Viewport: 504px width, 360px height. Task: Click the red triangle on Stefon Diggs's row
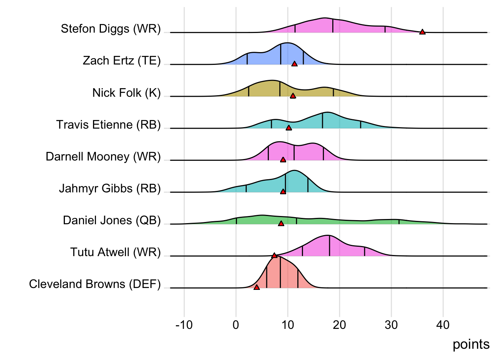coord(422,32)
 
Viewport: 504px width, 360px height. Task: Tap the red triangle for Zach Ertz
coord(294,64)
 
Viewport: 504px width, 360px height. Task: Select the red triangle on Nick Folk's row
coord(293,96)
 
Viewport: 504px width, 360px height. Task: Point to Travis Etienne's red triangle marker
coord(289,127)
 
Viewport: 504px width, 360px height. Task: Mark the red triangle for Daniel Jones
coord(281,223)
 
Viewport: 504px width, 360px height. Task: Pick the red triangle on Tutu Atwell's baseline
coord(274,255)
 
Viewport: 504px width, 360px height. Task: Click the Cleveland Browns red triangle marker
coord(256,287)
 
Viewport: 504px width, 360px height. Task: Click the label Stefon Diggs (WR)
coord(111,28)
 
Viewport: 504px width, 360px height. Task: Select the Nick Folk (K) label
coord(126,93)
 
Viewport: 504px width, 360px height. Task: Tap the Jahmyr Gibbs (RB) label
coord(109,188)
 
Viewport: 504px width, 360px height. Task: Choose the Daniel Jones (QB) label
coord(112,220)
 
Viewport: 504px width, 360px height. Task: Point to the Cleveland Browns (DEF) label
coord(95,284)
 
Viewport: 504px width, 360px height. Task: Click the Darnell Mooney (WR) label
coord(103,156)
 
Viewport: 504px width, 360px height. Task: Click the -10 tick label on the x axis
coord(184,325)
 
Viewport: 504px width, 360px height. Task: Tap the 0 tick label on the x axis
coord(236,325)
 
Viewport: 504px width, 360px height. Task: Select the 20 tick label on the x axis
coord(339,325)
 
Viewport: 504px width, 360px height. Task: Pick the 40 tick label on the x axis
coord(443,325)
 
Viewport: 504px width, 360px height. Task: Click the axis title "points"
coord(471,344)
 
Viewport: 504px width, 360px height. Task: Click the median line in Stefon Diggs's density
coord(333,25)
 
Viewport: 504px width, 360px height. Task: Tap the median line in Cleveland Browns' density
coord(280,272)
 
